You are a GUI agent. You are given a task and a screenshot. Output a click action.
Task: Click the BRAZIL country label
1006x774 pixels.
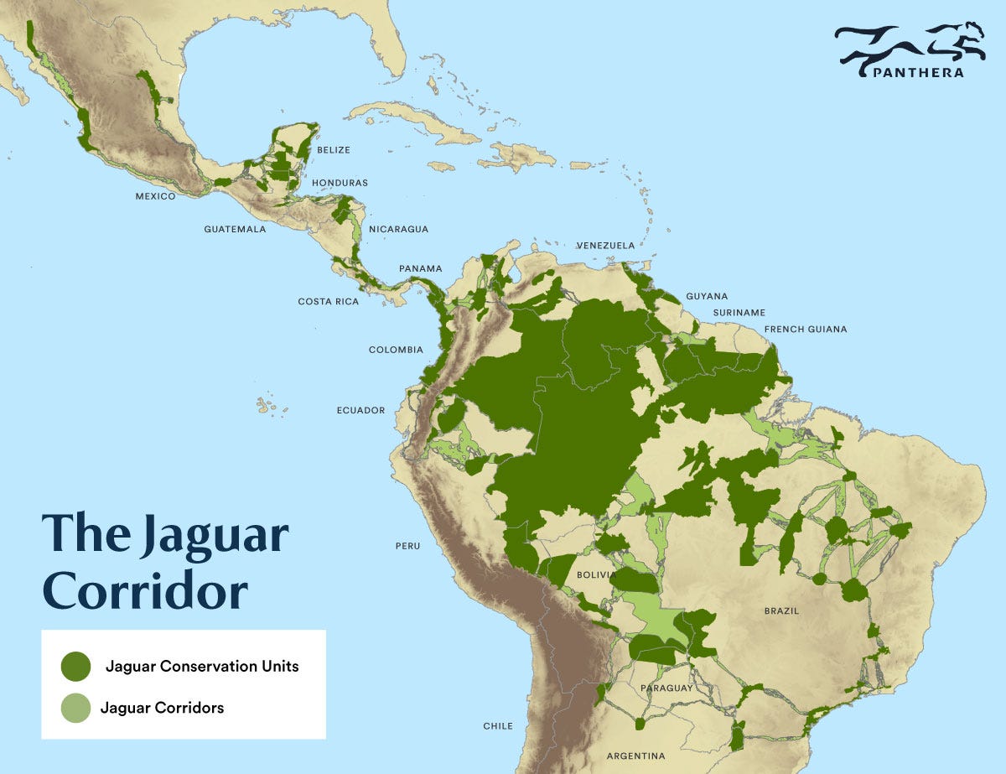[781, 611]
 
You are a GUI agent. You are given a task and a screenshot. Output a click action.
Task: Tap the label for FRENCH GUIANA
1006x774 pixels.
[806, 330]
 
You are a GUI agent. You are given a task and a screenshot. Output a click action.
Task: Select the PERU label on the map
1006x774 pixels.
[407, 546]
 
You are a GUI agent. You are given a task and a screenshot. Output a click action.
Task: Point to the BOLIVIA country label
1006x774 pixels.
[597, 575]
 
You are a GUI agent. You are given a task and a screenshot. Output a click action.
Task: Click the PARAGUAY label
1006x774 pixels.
[666, 688]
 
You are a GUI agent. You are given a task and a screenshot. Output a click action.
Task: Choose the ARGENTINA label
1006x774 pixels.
[636, 756]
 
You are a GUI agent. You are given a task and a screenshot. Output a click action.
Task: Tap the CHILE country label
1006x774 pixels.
[497, 726]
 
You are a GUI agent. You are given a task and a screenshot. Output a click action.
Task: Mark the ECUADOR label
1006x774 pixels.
[360, 410]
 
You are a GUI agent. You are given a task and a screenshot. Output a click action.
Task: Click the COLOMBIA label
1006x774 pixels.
[396, 350]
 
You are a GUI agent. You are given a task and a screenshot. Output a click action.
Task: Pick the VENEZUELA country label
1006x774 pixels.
[605, 246]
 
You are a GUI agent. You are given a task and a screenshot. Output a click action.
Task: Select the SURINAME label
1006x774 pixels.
[739, 313]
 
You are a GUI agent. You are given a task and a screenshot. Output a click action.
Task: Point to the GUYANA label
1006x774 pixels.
[707, 296]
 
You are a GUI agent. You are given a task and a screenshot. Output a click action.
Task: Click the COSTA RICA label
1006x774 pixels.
[328, 301]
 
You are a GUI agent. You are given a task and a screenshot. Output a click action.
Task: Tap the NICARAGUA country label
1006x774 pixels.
[398, 228]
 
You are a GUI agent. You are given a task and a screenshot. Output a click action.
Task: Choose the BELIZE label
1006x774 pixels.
[334, 150]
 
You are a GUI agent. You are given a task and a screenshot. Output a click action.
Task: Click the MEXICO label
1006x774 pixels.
[155, 196]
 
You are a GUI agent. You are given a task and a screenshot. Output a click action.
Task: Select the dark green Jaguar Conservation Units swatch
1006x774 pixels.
[75, 667]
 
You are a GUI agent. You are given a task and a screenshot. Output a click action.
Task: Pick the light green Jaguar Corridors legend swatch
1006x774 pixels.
[75, 708]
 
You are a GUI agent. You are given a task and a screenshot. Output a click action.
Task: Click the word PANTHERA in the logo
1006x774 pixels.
[917, 72]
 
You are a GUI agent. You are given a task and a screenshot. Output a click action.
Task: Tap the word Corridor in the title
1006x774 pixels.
[144, 590]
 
